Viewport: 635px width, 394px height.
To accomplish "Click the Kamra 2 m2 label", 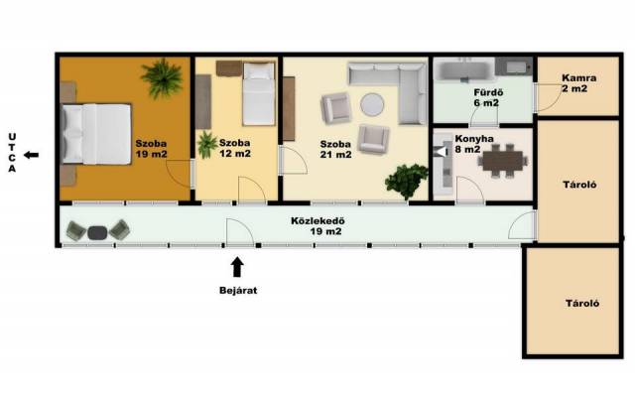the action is [577, 83].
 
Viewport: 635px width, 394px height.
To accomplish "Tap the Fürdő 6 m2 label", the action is [487, 97].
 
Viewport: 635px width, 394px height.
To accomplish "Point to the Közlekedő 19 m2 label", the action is [319, 226].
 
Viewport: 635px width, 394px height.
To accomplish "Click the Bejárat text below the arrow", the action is [238, 291].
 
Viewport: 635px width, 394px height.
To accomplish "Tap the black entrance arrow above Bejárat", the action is [237, 267].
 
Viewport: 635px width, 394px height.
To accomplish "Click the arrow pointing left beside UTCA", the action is [31, 155].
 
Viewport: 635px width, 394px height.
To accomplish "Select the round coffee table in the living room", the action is [372, 105].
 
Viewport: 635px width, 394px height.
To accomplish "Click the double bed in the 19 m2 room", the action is [96, 134].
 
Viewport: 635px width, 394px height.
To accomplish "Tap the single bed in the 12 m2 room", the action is [259, 93].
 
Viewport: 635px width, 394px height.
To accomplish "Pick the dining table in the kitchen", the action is [503, 161].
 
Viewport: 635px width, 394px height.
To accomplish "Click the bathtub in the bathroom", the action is [464, 68].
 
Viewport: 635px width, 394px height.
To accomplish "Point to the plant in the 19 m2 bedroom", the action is [162, 78].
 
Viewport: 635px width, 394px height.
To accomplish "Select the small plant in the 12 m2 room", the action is [207, 145].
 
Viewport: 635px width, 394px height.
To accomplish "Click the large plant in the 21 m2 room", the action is [406, 182].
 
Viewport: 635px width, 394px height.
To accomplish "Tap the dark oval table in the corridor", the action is [97, 232].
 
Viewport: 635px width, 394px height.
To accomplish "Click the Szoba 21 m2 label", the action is [335, 149].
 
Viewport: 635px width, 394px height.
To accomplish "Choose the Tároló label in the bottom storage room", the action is [582, 304].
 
